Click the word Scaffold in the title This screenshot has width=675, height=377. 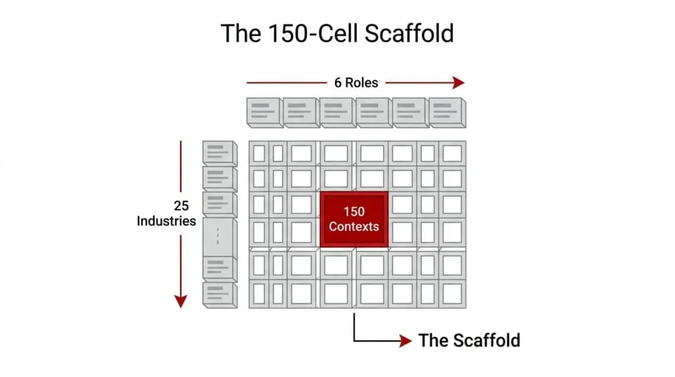click(409, 33)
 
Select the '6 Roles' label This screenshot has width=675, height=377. click(356, 82)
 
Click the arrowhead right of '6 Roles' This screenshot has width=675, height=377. click(459, 82)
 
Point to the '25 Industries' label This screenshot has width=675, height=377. click(167, 213)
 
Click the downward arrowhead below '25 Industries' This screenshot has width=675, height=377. click(181, 301)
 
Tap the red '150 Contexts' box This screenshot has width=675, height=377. click(354, 219)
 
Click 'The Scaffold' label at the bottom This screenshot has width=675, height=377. click(469, 340)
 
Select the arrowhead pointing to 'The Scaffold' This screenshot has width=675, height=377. click(405, 341)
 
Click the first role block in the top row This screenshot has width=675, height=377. click(265, 113)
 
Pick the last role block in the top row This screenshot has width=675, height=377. click(448, 113)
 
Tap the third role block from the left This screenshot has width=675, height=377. click(338, 113)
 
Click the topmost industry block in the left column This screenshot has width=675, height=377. click(220, 153)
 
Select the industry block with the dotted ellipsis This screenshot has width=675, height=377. click(220, 237)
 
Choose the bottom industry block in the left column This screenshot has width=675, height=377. click(220, 295)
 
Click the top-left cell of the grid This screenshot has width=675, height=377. click(259, 154)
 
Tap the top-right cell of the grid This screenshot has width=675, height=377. click(452, 154)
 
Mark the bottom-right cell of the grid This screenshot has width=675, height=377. click(452, 295)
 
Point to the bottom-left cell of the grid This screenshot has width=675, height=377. click(259, 295)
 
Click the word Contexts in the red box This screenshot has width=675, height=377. click(354, 226)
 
